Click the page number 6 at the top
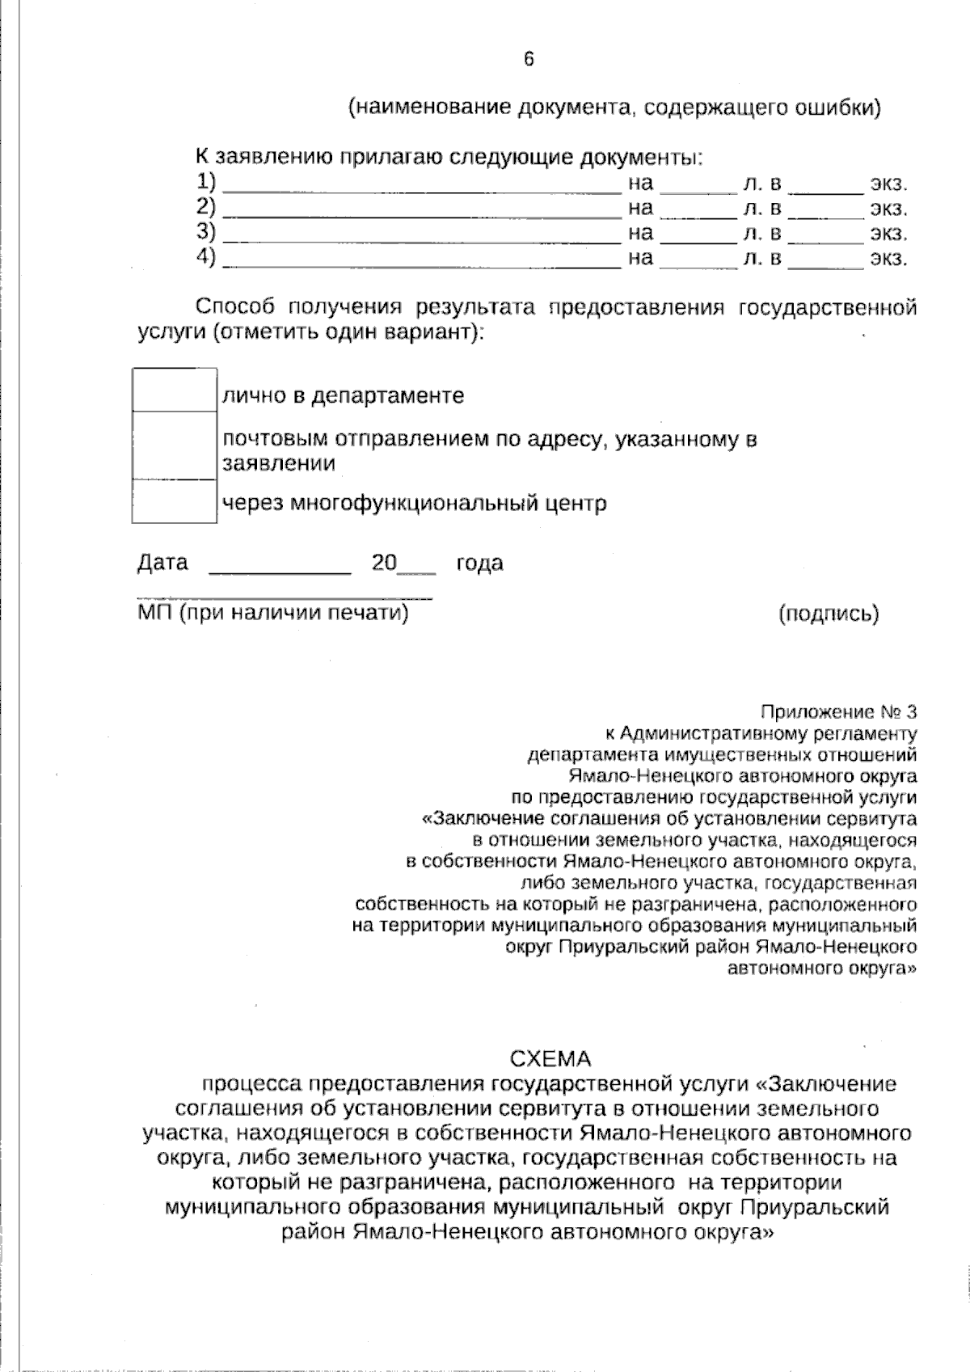tap(529, 59)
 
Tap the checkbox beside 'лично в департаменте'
tap(174, 390)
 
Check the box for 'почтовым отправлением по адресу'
tap(174, 445)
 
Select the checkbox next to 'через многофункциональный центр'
tap(174, 502)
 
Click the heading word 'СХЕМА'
tap(550, 1058)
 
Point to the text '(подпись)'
tap(829, 614)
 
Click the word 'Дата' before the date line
tap(162, 563)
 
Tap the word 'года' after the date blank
tap(479, 564)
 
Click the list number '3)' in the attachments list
tap(206, 233)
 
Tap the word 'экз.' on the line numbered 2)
tap(888, 209)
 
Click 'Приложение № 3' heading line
tap(839, 712)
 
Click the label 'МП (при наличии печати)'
tap(273, 613)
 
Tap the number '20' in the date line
tap(384, 563)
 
